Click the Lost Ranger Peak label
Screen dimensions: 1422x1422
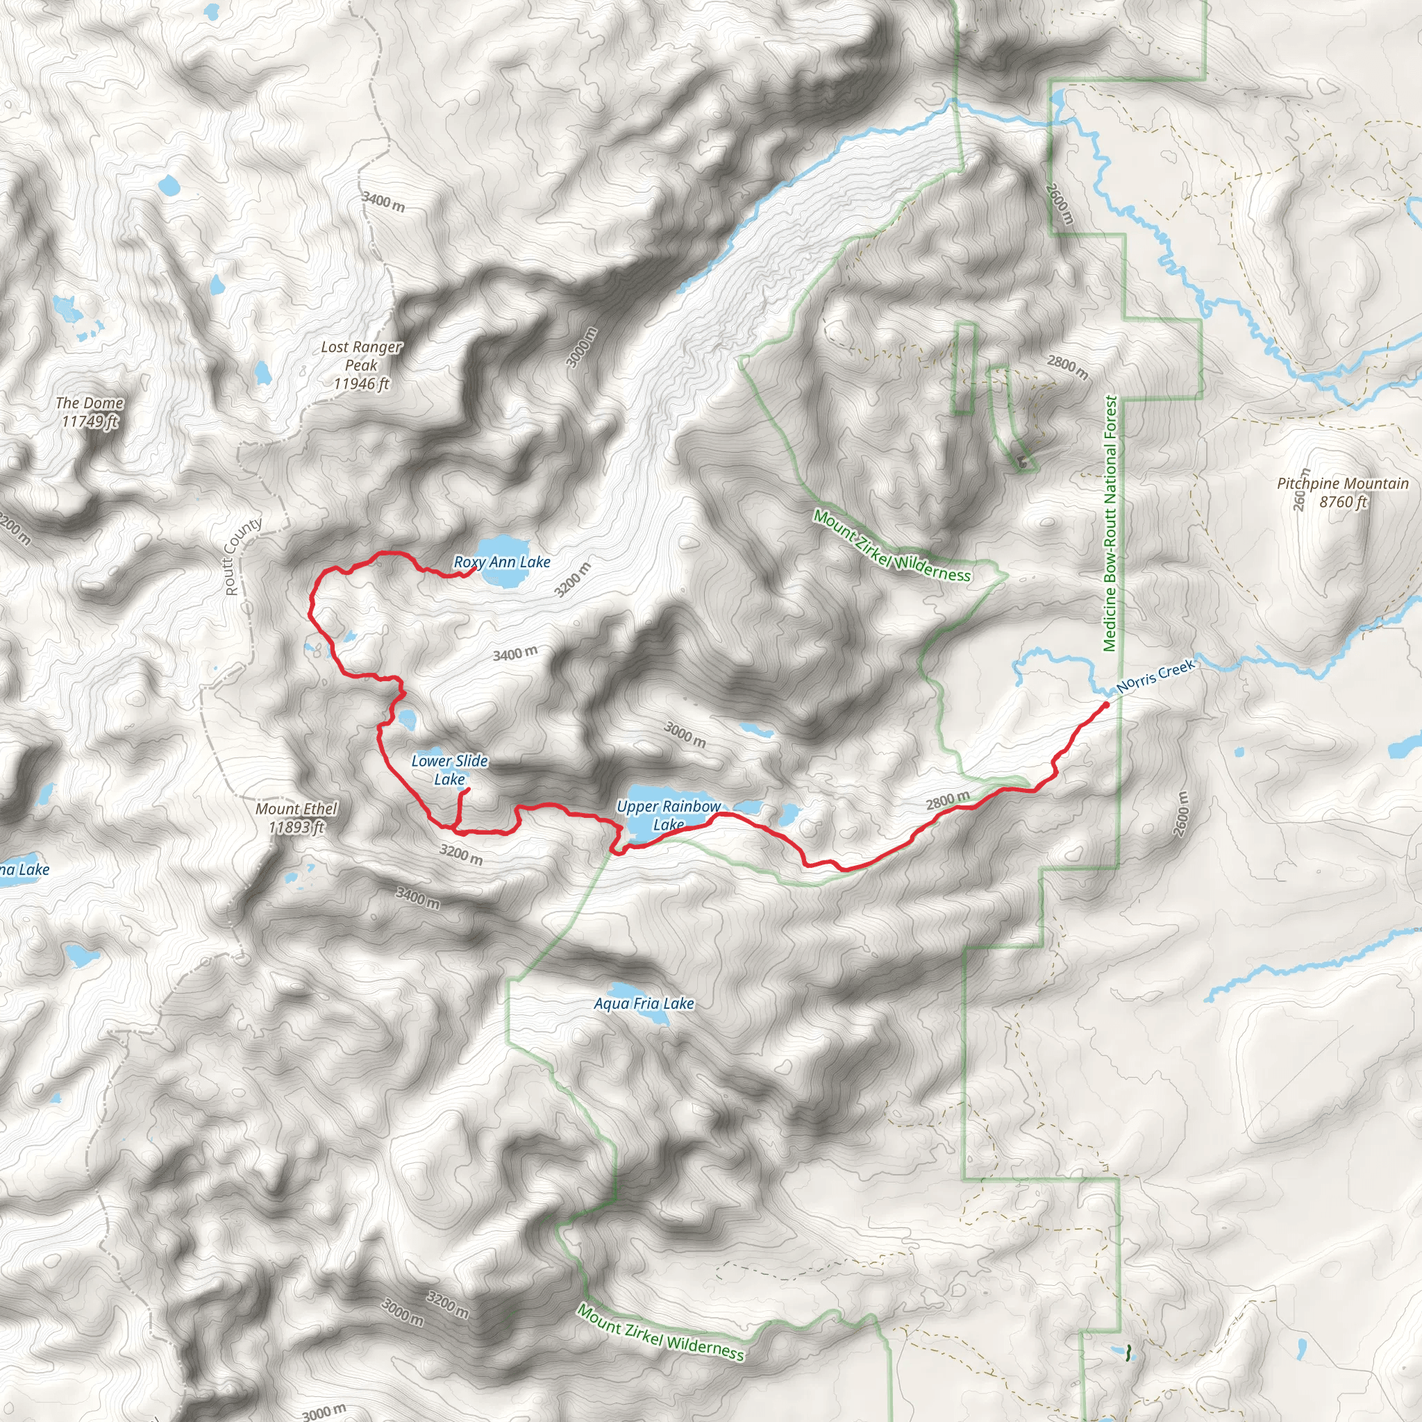(x=361, y=365)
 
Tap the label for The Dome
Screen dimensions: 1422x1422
(x=90, y=412)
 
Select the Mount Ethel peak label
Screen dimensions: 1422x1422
(x=296, y=818)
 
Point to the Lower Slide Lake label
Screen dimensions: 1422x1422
(x=449, y=770)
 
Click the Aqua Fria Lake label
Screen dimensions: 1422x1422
(x=644, y=1004)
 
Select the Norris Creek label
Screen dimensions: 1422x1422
(x=1155, y=676)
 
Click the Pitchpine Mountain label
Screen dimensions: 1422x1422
(x=1343, y=492)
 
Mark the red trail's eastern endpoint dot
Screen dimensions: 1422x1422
(x=1105, y=705)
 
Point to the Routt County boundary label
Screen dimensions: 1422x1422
(x=242, y=556)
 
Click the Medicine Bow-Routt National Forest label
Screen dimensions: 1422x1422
(x=1111, y=524)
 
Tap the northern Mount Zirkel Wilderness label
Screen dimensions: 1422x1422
(x=892, y=546)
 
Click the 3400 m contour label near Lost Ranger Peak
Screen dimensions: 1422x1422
(x=383, y=201)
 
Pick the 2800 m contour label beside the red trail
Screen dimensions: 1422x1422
(x=947, y=800)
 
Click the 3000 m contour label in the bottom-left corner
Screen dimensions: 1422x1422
(x=324, y=1412)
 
